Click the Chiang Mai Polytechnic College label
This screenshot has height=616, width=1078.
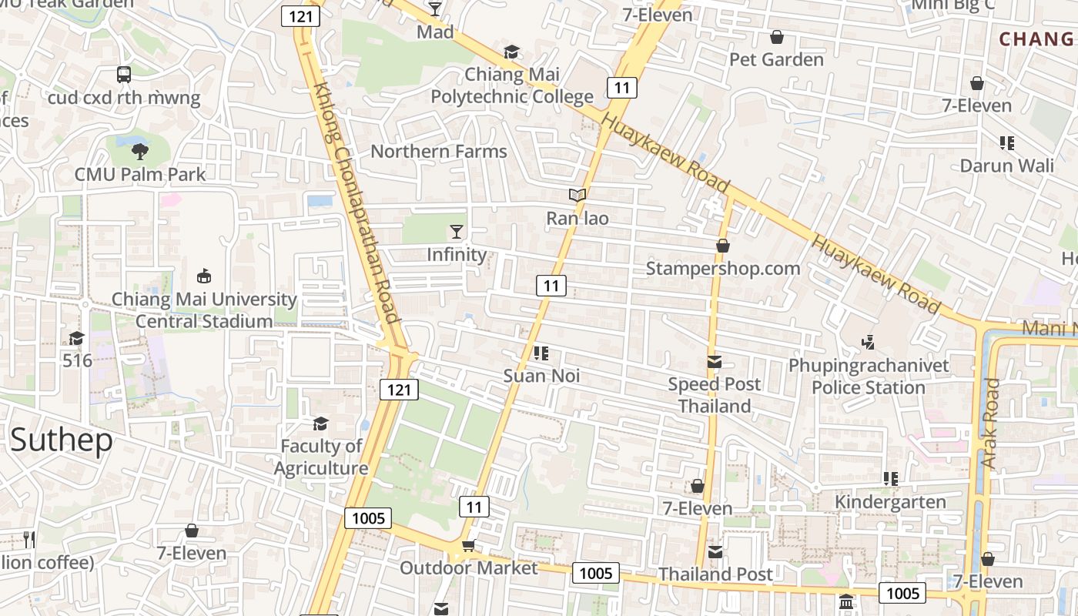pos(512,85)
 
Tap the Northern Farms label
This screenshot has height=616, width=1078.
pos(439,151)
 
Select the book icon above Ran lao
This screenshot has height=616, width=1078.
pos(577,196)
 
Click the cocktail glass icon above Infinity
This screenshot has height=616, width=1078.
pos(457,231)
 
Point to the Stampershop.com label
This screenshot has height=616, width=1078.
pos(723,269)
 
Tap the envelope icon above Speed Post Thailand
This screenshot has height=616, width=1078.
pos(715,362)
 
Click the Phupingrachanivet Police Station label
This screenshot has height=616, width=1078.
pos(869,376)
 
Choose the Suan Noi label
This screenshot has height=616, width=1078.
pos(541,376)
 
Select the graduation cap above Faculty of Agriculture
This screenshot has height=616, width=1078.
pos(320,423)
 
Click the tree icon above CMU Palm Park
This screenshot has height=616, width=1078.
pos(139,151)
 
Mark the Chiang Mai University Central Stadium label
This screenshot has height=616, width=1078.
pos(204,310)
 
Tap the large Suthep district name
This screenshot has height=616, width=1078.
pos(62,440)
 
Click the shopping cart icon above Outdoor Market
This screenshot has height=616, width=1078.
pos(467,546)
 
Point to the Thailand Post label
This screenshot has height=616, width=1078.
pos(715,574)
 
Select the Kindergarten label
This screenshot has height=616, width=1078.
pos(891,502)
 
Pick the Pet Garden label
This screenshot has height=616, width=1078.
pos(776,59)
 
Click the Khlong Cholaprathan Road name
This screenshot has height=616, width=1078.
pos(355,203)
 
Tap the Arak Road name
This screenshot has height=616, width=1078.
pos(990,423)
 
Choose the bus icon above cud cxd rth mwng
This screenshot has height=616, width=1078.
pos(124,75)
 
